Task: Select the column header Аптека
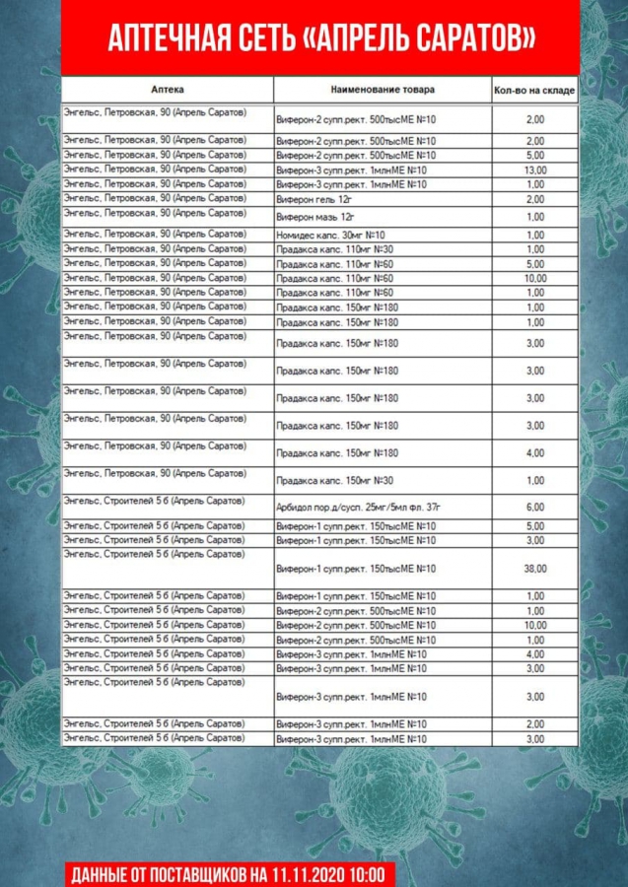point(170,90)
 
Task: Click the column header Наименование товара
point(383,90)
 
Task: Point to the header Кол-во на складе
point(534,91)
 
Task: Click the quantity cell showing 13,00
point(535,171)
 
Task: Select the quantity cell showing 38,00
point(535,569)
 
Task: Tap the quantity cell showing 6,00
point(535,507)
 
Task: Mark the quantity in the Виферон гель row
point(535,199)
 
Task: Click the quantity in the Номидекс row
point(535,235)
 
